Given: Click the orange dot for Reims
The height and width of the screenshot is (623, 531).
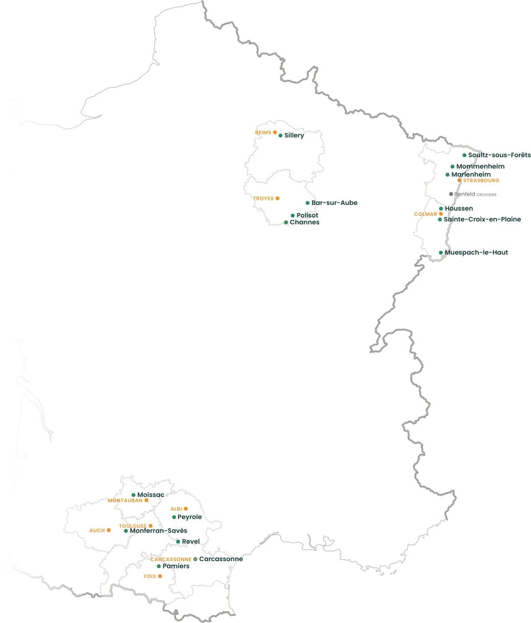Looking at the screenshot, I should [275, 132].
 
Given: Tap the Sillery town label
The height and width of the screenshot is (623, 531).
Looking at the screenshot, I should [294, 136].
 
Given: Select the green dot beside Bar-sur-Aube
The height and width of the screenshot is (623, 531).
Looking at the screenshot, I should [308, 203].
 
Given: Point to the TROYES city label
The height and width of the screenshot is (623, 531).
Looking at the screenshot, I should [263, 199].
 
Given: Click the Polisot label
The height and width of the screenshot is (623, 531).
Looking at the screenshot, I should [307, 216].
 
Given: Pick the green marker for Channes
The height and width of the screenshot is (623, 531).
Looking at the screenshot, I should [286, 223].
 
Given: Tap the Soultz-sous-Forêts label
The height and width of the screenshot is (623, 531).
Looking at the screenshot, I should [499, 155].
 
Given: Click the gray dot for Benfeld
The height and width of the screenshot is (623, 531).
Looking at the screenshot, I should [451, 194].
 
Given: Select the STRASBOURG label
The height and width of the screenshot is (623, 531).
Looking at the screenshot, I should [481, 181].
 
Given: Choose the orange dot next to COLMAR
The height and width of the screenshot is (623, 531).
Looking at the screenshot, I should [441, 214].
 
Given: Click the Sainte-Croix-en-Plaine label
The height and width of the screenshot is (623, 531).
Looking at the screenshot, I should [482, 219].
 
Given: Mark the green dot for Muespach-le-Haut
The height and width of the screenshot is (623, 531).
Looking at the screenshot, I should [441, 253].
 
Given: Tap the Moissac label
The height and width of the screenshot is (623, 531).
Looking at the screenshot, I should [150, 495].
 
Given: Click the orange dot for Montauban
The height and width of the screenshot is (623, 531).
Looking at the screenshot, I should [147, 500].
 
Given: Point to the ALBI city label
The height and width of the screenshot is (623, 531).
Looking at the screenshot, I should [176, 509].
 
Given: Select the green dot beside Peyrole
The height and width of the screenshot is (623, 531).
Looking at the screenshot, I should [174, 517].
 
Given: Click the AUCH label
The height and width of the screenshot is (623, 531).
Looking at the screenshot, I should [97, 531].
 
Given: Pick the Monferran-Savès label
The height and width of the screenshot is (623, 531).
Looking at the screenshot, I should [158, 531].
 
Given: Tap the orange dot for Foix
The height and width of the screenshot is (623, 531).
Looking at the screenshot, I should [160, 576].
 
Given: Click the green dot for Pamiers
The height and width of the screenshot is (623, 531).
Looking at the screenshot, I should [159, 566].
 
